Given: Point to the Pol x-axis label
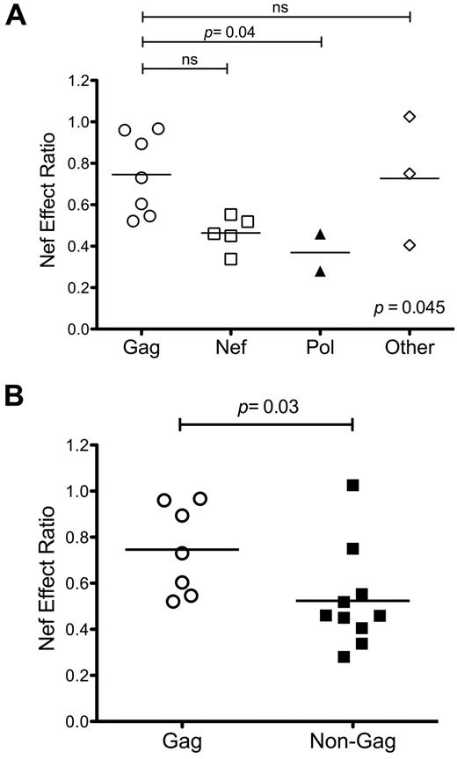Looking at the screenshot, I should coord(321,348).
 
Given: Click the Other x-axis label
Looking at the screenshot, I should coord(409,348).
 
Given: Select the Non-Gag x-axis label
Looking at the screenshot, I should coord(352,741).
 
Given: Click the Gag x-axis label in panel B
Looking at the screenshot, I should coord(179,741).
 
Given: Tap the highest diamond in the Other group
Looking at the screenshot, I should coord(410,117).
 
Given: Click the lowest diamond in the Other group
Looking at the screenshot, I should coord(410,245).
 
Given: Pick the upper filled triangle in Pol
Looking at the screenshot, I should coord(321,235).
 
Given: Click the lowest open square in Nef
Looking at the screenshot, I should coord(230,258).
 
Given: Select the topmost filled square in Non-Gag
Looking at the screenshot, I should coord(352,486).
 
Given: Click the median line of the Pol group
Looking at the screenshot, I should coord(321,252).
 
